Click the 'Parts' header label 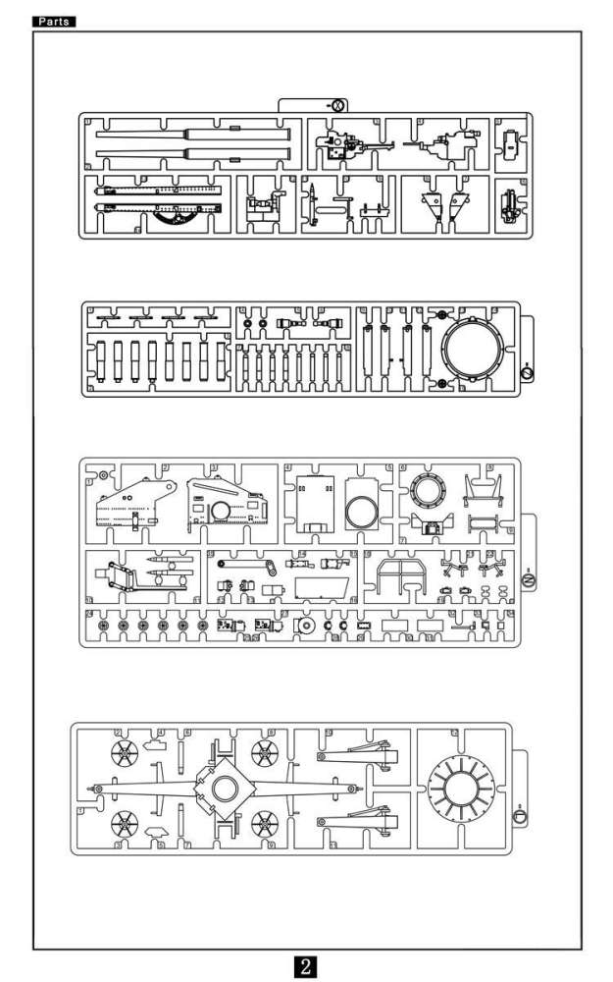(x=55, y=21)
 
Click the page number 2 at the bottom (x=306, y=965)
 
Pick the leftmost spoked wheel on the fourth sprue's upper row (x=126, y=753)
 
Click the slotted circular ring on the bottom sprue (x=462, y=789)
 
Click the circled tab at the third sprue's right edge (x=528, y=581)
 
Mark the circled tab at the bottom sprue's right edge (x=520, y=814)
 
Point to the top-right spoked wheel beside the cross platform (x=264, y=753)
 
